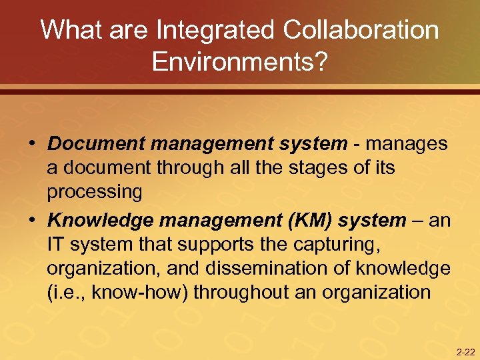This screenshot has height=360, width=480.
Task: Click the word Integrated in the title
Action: pyautogui.click(x=213, y=30)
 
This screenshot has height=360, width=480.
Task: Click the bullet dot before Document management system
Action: pyautogui.click(x=31, y=145)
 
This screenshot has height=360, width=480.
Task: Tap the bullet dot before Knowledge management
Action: pyautogui.click(x=31, y=221)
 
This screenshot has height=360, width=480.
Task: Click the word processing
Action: pyautogui.click(x=94, y=193)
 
